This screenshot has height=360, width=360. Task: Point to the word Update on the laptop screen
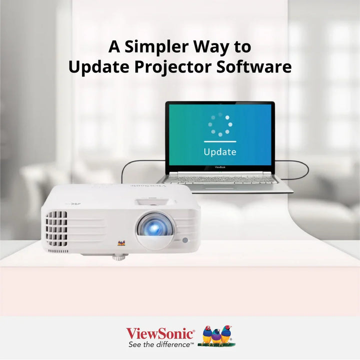point(220,151)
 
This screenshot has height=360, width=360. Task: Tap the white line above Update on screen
point(220,141)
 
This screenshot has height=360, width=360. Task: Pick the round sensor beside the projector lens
point(185,240)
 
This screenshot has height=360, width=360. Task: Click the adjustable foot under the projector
point(118,257)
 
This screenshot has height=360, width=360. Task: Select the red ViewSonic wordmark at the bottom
point(160,333)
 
